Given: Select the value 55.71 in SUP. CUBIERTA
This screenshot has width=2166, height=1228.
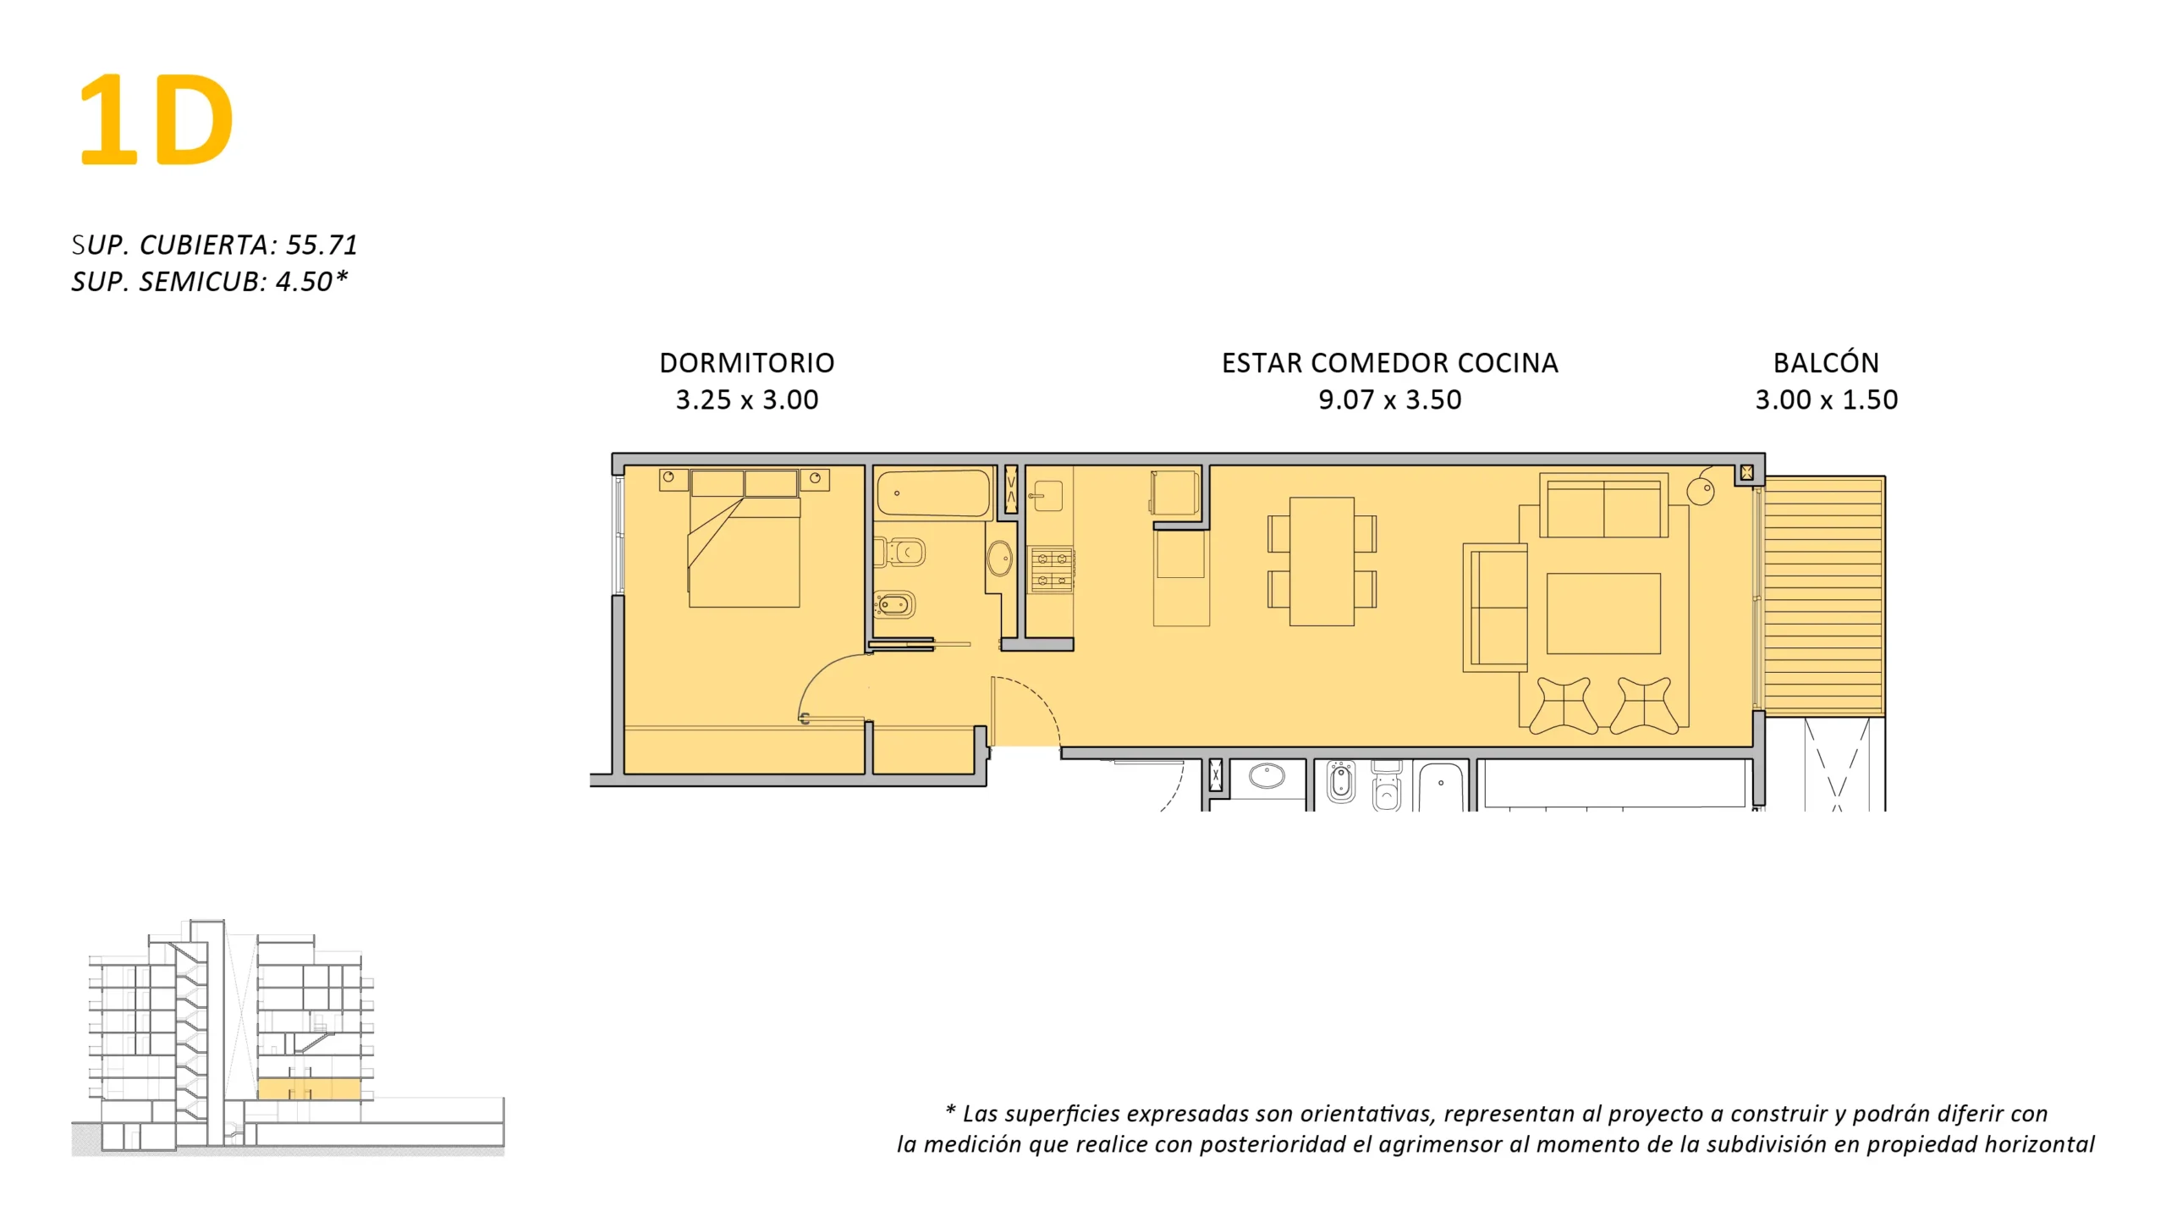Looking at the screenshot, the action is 322,245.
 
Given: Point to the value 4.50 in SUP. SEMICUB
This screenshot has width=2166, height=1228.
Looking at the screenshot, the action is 304,281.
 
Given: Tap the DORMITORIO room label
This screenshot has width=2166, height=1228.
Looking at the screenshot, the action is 747,363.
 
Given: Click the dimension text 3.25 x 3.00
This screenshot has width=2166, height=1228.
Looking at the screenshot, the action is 747,399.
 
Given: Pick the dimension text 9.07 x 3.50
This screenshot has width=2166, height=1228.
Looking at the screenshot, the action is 1390,399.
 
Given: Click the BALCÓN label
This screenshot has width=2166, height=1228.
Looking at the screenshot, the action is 1826,362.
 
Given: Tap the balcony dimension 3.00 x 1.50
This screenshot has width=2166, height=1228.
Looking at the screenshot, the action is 1826,399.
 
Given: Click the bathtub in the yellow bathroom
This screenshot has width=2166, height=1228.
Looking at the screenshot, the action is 933,493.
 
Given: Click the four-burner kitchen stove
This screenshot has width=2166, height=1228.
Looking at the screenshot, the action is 1052,570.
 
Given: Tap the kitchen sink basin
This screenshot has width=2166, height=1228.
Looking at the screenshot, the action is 1048,496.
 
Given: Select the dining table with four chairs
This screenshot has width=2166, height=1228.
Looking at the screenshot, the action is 1322,561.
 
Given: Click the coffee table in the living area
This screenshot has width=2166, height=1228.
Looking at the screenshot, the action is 1603,614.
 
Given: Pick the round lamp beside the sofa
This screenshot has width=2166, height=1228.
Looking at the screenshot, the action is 1701,490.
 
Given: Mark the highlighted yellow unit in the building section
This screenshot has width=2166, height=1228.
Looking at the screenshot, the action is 309,1089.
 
